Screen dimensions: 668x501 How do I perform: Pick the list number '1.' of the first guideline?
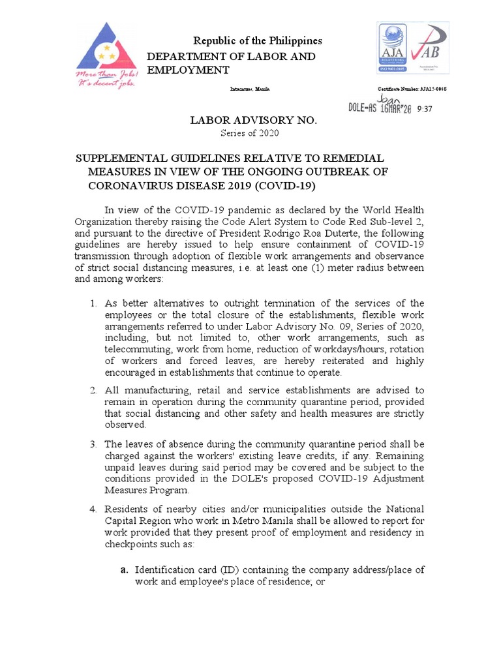click(x=94, y=303)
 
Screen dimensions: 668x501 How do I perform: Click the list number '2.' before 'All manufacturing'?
click(x=94, y=390)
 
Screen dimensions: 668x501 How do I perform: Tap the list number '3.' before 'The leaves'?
click(x=94, y=444)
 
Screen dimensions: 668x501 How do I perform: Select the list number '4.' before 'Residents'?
click(x=94, y=509)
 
